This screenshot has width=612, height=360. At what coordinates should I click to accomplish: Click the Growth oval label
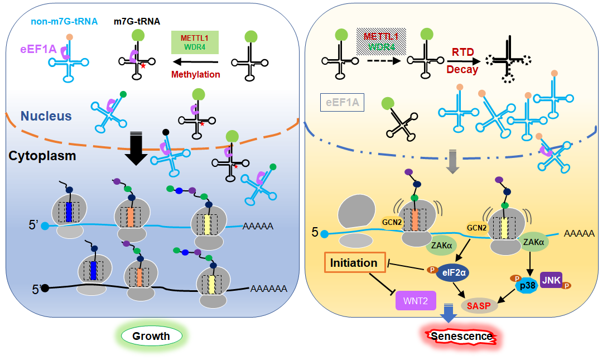pyautogui.click(x=151, y=336)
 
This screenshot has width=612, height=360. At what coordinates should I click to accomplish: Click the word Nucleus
pyautogui.click(x=46, y=116)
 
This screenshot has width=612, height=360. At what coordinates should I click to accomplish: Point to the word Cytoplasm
pyautogui.click(x=42, y=156)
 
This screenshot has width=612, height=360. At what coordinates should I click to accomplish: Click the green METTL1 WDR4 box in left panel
pyautogui.click(x=194, y=42)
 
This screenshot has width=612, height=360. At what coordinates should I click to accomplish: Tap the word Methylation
pyautogui.click(x=195, y=74)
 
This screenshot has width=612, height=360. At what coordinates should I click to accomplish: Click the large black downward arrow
pyautogui.click(x=136, y=150)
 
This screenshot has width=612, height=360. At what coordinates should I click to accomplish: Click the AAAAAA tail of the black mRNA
pyautogui.click(x=268, y=289)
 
